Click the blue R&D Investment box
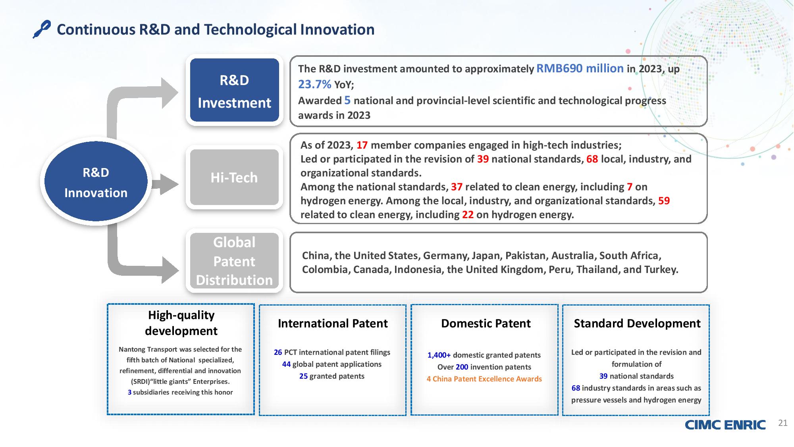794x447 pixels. click(234, 90)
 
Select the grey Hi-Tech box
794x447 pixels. click(234, 177)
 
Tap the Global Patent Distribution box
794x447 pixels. click(234, 261)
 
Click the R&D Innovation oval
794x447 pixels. click(96, 182)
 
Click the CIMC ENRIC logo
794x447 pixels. click(725, 425)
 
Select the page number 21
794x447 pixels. click(782, 423)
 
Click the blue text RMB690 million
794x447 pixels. click(580, 68)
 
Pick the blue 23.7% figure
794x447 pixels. click(314, 84)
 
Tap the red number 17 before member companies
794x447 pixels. click(362, 145)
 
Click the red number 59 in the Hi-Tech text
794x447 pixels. click(664, 201)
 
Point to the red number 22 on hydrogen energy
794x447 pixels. click(468, 215)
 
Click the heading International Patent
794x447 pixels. click(333, 323)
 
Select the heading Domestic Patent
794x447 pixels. click(486, 323)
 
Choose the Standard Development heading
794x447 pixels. click(637, 323)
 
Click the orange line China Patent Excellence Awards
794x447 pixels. click(484, 379)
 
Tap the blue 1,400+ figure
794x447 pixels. click(439, 355)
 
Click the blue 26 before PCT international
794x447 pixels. click(278, 352)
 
